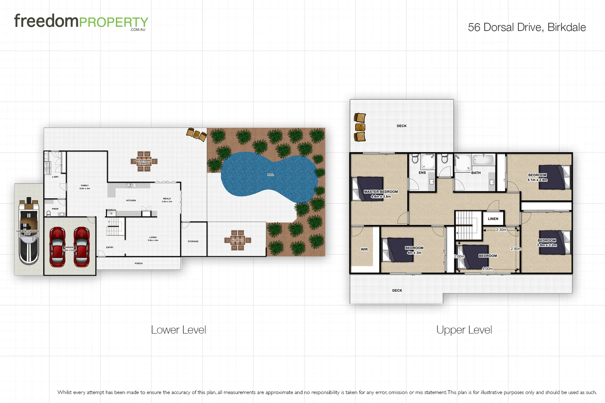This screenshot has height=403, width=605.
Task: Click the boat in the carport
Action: (29, 231)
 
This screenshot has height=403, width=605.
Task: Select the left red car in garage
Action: (57, 247)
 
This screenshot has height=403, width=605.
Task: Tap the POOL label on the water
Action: (270, 175)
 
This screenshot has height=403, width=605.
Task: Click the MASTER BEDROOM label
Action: (381, 192)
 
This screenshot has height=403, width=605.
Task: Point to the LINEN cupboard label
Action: (493, 219)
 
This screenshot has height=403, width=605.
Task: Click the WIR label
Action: (364, 249)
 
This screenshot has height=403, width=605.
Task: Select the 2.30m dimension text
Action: (501, 230)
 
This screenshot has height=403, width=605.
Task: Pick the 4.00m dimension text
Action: (487, 269)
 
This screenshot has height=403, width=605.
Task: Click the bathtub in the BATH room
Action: (483, 160)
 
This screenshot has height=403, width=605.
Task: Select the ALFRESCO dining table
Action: (237, 240)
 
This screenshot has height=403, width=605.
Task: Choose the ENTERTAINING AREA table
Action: (144, 162)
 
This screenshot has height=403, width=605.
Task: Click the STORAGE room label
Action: (193, 241)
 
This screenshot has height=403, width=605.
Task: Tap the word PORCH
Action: (139, 263)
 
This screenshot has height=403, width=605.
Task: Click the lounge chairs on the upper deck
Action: (360, 127)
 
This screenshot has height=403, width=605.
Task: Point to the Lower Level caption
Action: (179, 330)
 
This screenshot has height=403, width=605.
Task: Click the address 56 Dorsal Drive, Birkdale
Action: (527, 27)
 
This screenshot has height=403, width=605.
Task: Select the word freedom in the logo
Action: (46, 21)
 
